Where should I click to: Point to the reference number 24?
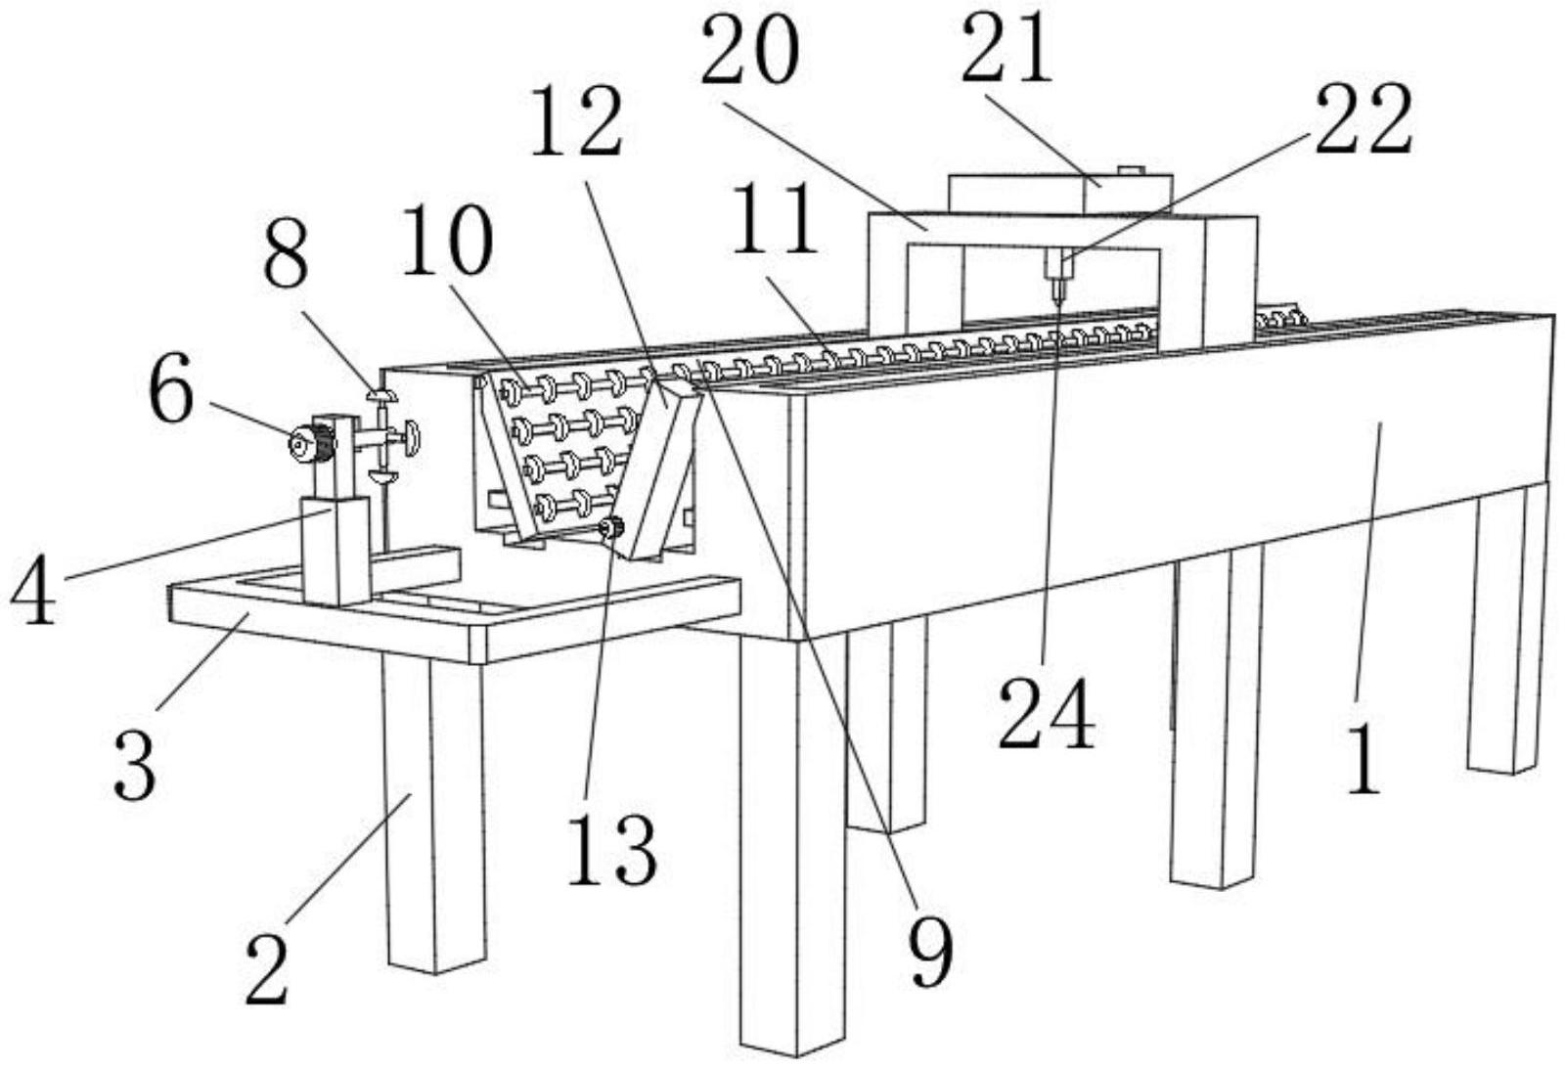click(1046, 716)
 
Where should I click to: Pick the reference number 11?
click(777, 221)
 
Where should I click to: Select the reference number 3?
click(134, 767)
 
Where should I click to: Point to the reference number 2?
click(267, 969)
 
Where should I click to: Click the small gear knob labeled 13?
click(612, 528)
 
